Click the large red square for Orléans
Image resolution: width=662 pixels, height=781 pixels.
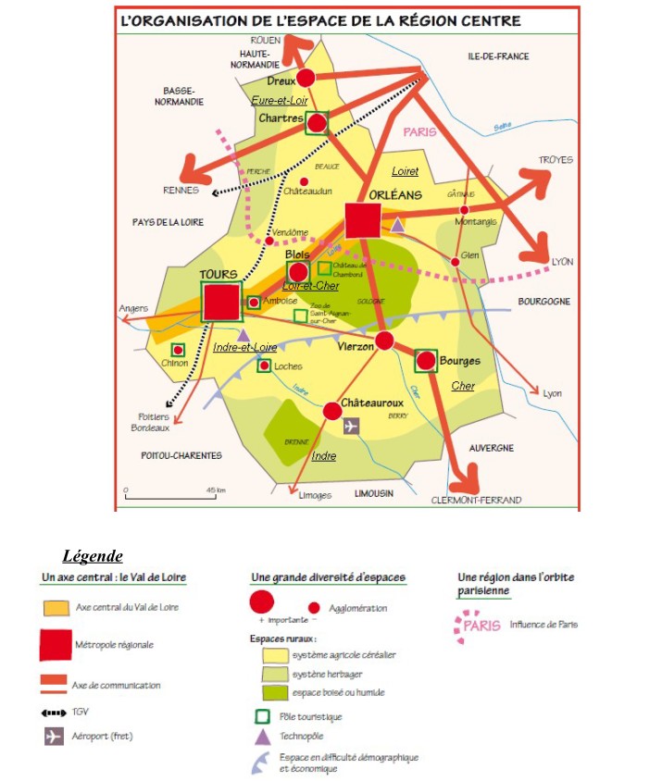(x=363, y=221)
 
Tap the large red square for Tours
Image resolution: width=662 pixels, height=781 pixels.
(x=221, y=302)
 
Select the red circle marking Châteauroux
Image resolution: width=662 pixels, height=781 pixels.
(x=333, y=410)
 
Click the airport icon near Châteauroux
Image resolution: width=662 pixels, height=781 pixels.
(x=351, y=426)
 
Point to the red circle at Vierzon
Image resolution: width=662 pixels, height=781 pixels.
(x=384, y=341)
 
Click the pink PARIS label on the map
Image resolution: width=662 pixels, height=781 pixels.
(x=419, y=132)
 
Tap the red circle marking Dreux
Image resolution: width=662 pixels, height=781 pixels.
(x=306, y=79)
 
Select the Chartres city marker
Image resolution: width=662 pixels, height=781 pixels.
(x=318, y=122)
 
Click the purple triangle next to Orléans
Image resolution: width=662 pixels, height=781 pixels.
(x=397, y=224)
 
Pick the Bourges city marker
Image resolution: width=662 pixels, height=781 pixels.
(x=426, y=360)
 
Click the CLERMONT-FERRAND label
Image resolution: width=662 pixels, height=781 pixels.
(x=476, y=500)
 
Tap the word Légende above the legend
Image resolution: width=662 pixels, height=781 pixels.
(x=93, y=556)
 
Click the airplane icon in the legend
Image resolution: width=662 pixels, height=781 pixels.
(x=54, y=738)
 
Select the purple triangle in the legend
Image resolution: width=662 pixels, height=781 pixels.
(x=262, y=737)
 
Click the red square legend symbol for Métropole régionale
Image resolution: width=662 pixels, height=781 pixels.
(x=56, y=645)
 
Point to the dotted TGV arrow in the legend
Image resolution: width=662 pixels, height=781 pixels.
(x=56, y=713)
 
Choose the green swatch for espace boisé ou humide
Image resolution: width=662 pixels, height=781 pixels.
(x=271, y=691)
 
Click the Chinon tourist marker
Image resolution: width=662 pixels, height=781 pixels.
(x=177, y=350)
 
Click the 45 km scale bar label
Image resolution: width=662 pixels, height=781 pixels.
(x=216, y=490)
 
